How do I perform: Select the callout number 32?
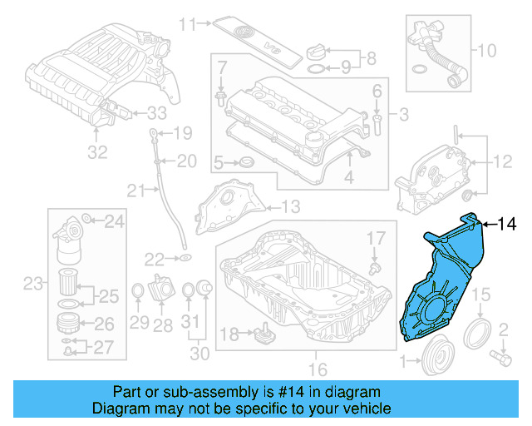click(98, 152)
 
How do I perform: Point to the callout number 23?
click(32, 285)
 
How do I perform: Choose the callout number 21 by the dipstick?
click(136, 192)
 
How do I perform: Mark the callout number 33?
click(157, 112)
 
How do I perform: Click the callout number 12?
click(505, 161)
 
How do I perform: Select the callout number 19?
click(182, 133)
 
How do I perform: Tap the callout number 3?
click(403, 114)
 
